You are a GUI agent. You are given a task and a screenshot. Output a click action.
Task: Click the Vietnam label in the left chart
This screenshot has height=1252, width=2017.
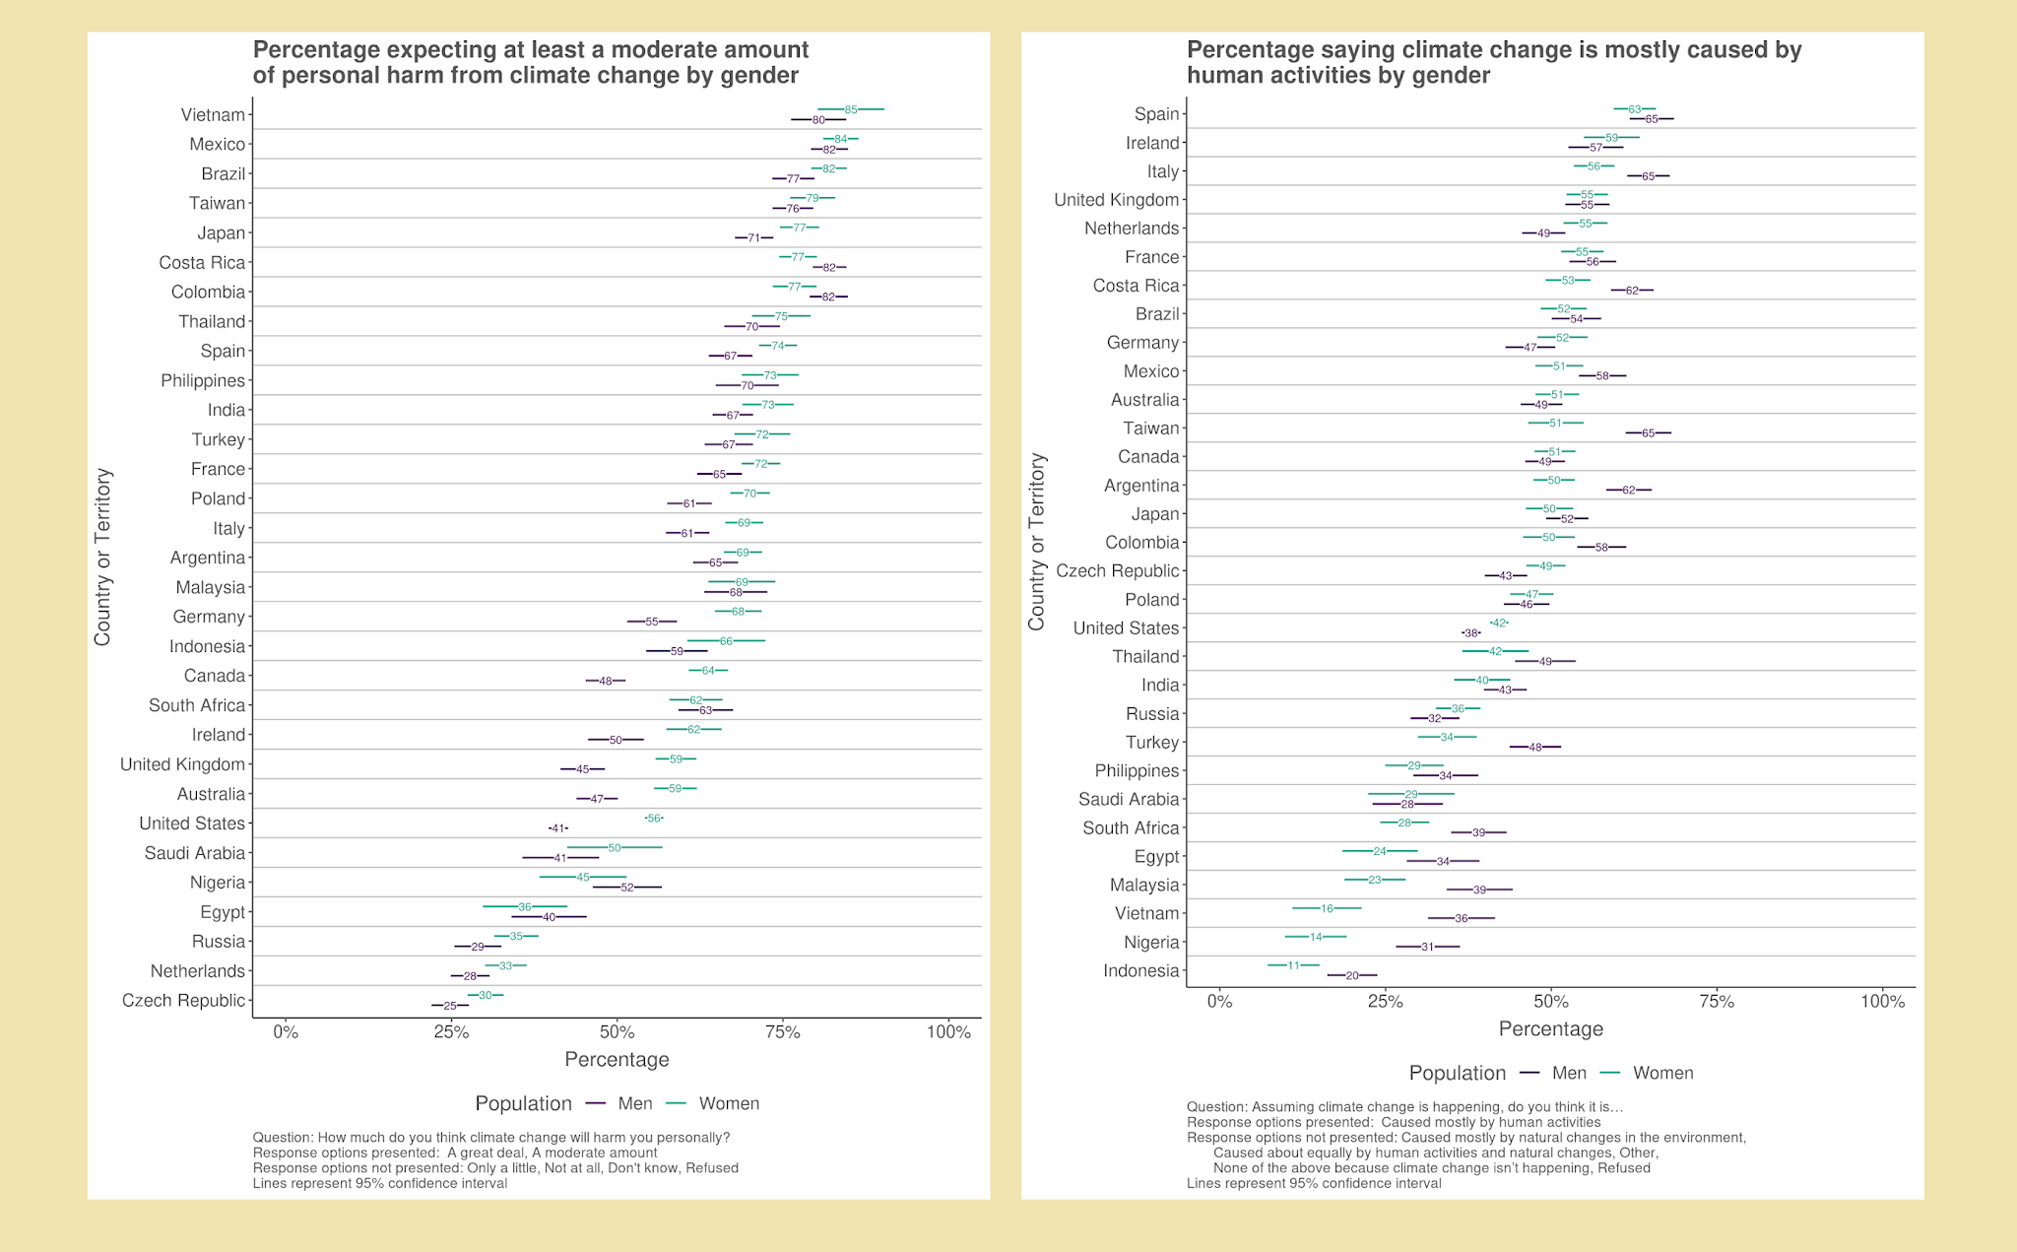pos(213,115)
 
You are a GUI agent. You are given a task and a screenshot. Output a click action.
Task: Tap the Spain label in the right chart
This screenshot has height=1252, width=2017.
pos(1156,114)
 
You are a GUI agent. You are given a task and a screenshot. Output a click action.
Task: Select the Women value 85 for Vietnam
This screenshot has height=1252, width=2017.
pos(851,109)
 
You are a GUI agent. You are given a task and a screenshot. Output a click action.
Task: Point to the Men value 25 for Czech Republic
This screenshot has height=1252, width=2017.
pos(450,1006)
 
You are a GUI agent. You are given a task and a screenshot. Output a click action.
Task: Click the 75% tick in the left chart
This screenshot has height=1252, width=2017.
pos(783,1032)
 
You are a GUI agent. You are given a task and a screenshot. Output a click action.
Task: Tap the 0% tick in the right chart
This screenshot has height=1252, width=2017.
pos(1219,1002)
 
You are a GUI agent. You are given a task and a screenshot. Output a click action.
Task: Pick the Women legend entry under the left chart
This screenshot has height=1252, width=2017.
pos(729,1103)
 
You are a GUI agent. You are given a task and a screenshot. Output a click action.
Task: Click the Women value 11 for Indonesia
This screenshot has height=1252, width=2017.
pos(1293,965)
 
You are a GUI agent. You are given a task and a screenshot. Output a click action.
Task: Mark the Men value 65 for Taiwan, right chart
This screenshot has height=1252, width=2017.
pos(1649,432)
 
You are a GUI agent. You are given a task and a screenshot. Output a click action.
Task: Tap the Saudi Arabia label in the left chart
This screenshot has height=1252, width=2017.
pos(194,853)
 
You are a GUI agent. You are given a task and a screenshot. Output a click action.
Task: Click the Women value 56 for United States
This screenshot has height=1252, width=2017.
pos(654,819)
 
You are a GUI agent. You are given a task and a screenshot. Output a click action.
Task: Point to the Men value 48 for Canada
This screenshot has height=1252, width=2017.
pos(606,681)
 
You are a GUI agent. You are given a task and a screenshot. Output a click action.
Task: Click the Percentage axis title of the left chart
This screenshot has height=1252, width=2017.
pos(617,1060)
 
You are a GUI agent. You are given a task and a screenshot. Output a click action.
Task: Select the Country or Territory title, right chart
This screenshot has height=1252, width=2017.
pos(1036,542)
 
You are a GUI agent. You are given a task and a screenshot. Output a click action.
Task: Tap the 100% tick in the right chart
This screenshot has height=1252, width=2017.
pos(1882,1002)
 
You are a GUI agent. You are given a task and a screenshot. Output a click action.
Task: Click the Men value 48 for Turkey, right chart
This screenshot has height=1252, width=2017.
pos(1535,747)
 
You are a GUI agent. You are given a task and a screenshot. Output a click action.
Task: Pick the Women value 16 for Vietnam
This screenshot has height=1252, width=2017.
pos(1327,908)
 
